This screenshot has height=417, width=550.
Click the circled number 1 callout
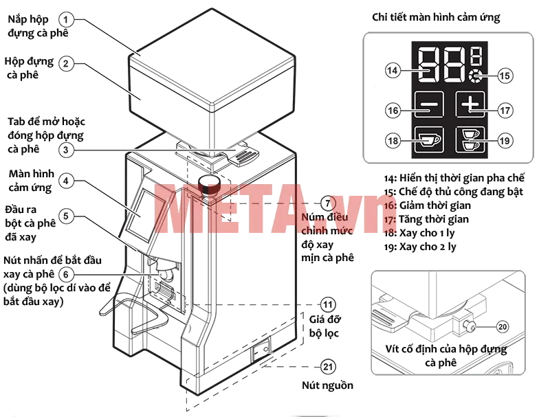click(x=66, y=19)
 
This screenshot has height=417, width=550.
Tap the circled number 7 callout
click(x=328, y=203)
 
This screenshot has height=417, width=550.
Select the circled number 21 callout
click(x=328, y=367)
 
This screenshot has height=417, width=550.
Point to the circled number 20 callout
click(x=503, y=326)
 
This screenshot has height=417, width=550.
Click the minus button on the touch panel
click(x=428, y=104)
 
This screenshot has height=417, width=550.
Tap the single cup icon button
click(x=428, y=139)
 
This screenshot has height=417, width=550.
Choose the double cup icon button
click(x=470, y=139)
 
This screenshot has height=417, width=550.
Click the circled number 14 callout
click(x=392, y=71)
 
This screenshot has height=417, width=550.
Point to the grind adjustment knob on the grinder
click(x=209, y=185)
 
